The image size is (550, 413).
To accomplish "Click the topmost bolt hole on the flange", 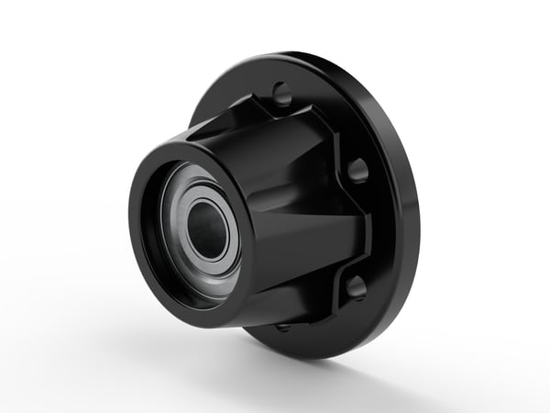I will point(282,94).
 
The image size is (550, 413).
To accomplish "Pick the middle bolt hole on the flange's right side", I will point(358,170).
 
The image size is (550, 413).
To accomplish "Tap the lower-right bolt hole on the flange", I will point(356,286).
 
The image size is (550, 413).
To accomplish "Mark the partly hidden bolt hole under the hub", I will point(282,326).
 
